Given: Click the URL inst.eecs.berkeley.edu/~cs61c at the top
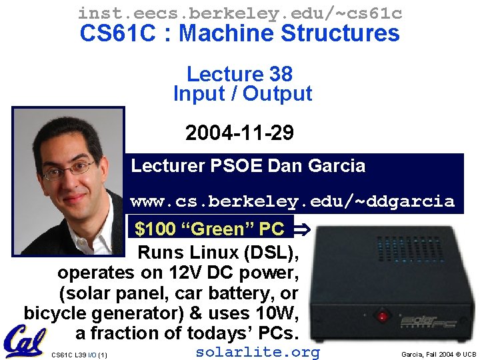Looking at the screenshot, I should click(240, 12).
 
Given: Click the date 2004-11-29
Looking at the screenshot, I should click(239, 133).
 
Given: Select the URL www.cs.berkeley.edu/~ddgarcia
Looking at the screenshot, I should click(293, 201).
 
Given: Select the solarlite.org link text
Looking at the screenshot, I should click(257, 352).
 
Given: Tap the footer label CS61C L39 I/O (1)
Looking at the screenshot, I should click(79, 355).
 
